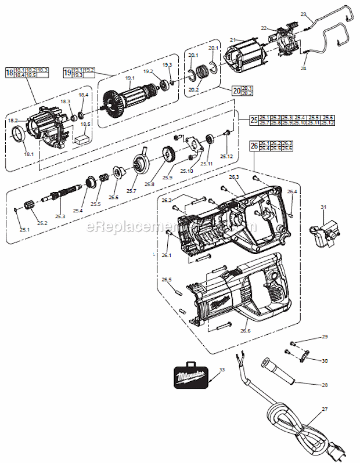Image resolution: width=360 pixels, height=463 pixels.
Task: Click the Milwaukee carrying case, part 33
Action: [191, 377]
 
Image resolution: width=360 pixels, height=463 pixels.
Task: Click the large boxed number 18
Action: [9, 73]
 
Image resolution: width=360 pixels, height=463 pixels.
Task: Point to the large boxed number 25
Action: [254, 120]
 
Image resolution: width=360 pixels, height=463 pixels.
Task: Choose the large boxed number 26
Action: [254, 146]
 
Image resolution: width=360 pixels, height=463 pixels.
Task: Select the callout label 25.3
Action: [60, 216]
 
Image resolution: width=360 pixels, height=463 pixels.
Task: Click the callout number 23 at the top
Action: [303, 13]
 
